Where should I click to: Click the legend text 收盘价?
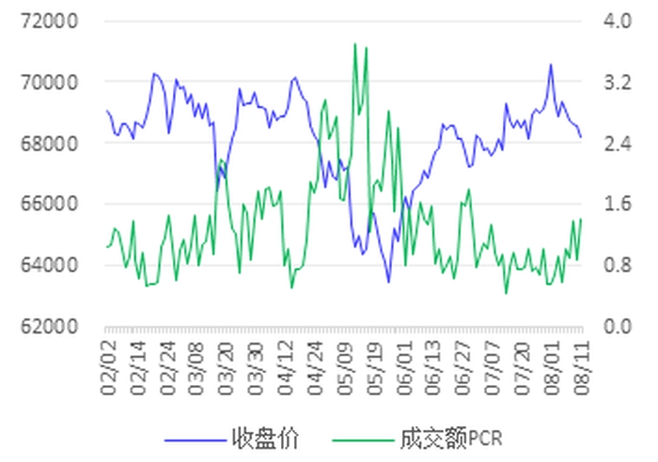point(265,439)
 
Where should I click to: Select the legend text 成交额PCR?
point(453,439)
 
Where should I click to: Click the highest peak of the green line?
point(354,43)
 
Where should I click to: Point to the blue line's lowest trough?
point(388,281)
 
